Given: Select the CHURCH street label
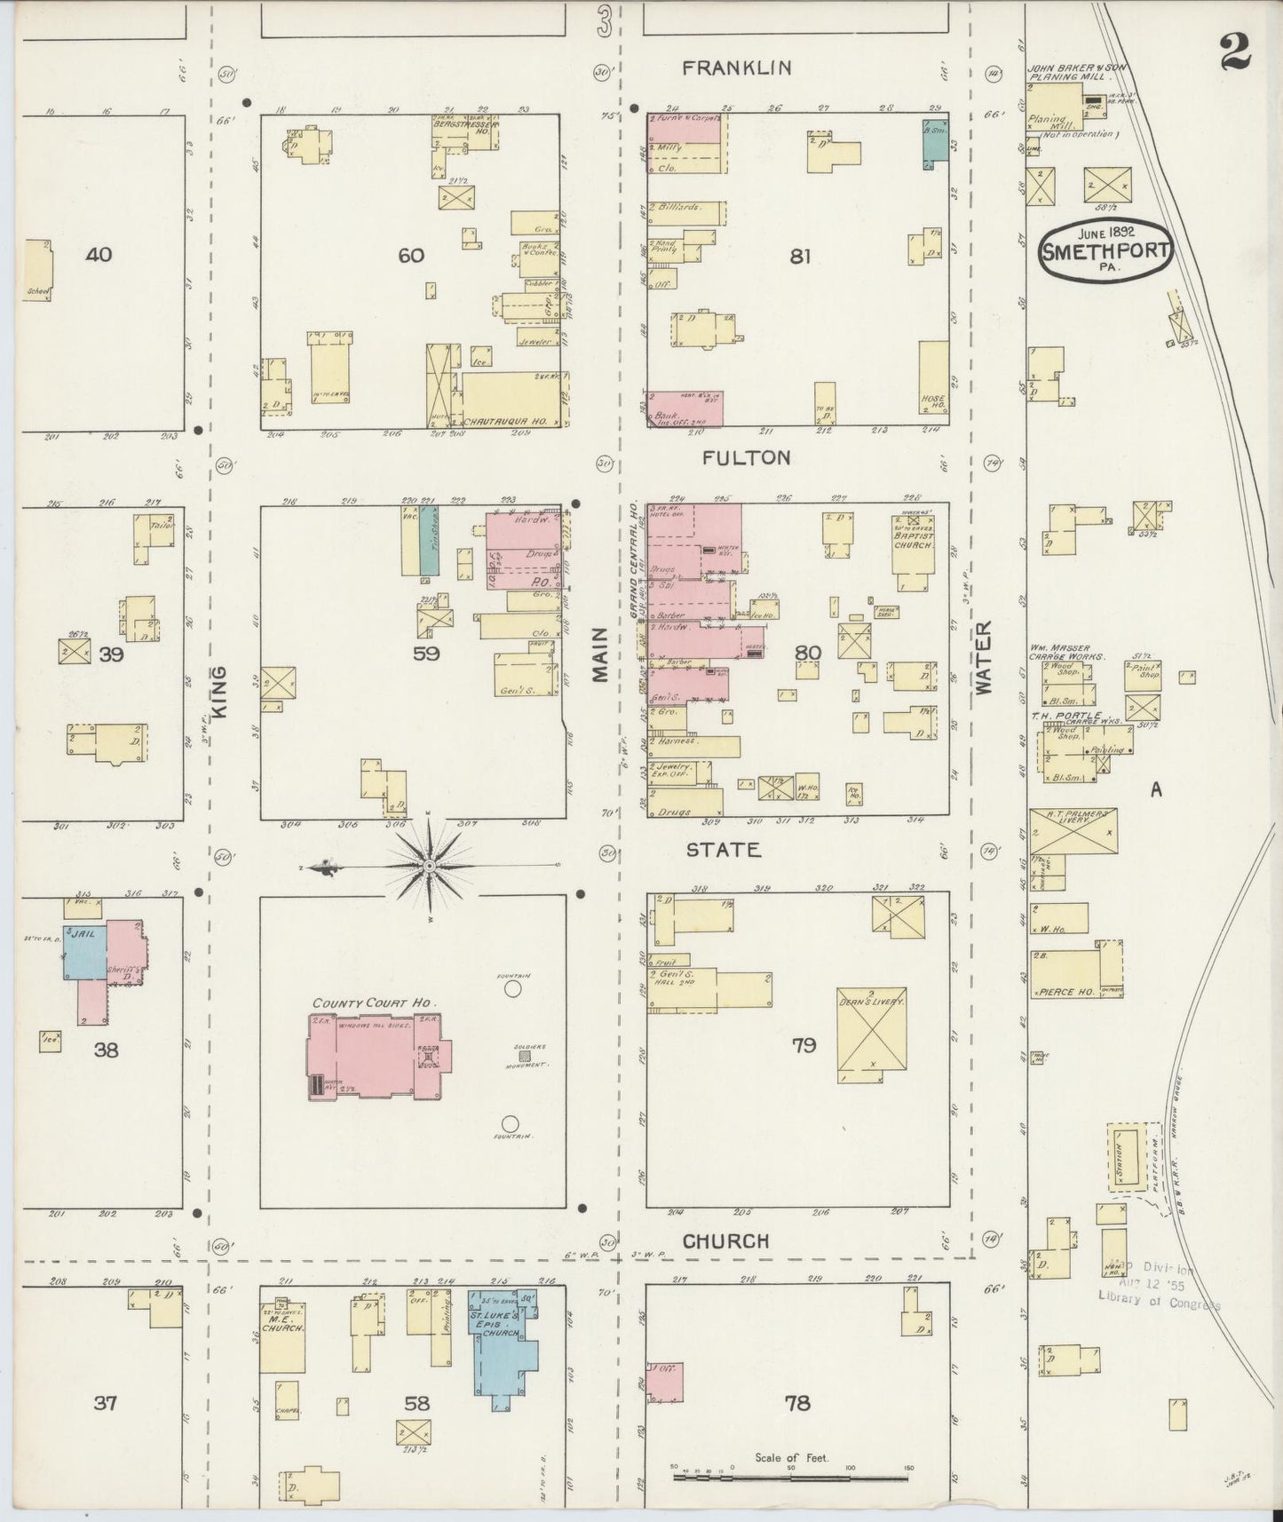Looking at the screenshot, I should coord(725,1241).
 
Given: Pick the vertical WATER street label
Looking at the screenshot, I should coord(984,658).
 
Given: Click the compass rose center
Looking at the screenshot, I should coord(429,865).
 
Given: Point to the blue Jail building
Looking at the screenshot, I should coord(84,953).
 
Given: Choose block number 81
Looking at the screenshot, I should coord(800,257).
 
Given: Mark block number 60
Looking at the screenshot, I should coord(411,256).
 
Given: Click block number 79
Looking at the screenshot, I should coord(804,1045).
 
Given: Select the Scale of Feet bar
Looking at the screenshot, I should coord(790,1479).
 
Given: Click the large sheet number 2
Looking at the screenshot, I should coord(1235,51).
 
